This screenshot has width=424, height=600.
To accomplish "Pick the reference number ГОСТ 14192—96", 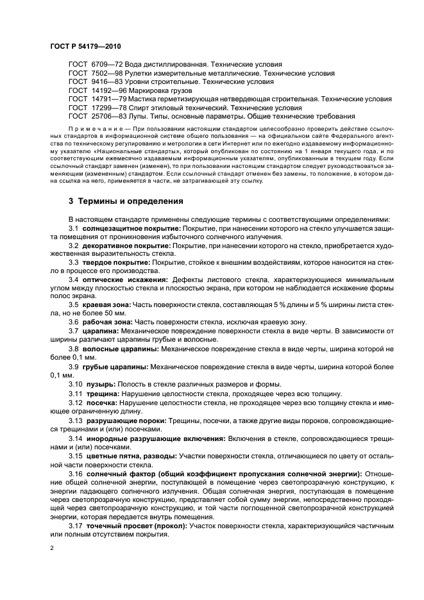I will tap(97, 91).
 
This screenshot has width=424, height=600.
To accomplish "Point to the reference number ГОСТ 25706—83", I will tap(97, 117).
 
